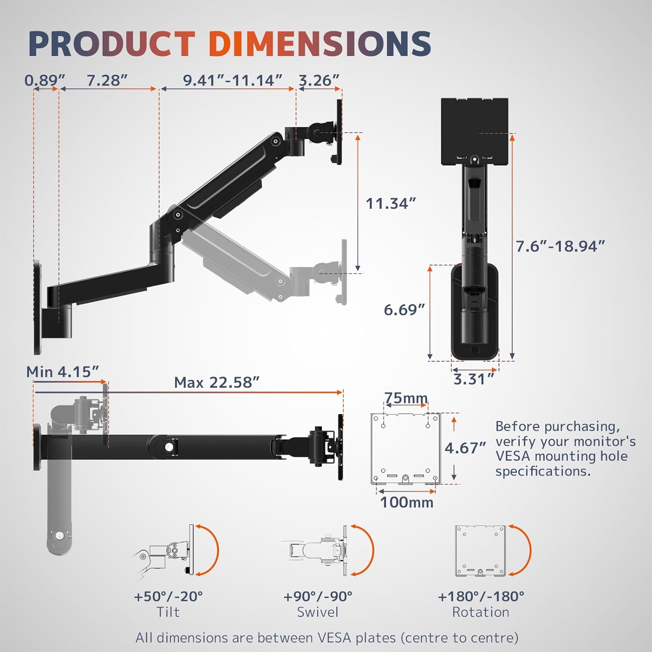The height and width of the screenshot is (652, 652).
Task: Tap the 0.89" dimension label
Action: tap(44, 80)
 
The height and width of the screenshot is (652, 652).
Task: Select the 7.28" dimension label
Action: tap(107, 80)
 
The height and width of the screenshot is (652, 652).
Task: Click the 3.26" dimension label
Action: tap(319, 80)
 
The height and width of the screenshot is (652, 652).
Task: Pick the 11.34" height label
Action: tap(390, 203)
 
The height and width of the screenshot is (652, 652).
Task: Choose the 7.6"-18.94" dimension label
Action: tap(560, 246)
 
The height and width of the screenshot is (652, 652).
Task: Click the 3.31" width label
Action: tap(474, 379)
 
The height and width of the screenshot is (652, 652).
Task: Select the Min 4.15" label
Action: tap(63, 372)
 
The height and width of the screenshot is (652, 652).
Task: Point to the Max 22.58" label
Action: tap(216, 383)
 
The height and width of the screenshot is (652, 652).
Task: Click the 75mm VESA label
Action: tap(406, 398)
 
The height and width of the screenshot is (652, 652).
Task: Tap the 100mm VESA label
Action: tap(407, 502)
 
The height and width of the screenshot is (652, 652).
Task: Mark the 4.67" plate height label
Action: tap(465, 448)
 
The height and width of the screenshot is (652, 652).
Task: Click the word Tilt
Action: tap(168, 612)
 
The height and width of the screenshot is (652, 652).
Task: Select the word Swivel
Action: tap(317, 612)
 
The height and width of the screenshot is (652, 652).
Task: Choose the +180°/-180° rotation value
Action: tap(481, 596)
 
